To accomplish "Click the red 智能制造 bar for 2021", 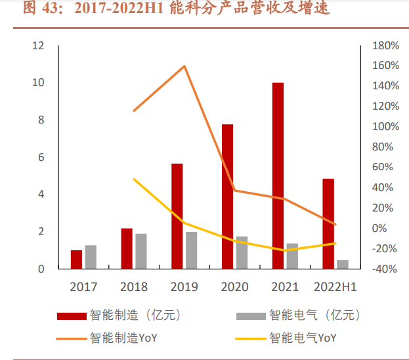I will tap(278, 175).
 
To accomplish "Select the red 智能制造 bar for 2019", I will tap(177, 216).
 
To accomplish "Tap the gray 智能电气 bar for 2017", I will tap(91, 257).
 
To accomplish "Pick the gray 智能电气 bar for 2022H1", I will tap(343, 264).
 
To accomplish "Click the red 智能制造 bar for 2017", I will tap(77, 259).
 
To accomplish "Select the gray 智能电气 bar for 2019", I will tap(191, 250).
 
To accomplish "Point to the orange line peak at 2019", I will tap(184, 66).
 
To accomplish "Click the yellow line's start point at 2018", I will tap(134, 179).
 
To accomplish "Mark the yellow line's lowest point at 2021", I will tap(284, 250).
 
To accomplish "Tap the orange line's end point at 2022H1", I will tap(335, 225).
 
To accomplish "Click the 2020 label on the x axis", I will tap(234, 287).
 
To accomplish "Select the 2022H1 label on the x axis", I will tap(335, 287).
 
